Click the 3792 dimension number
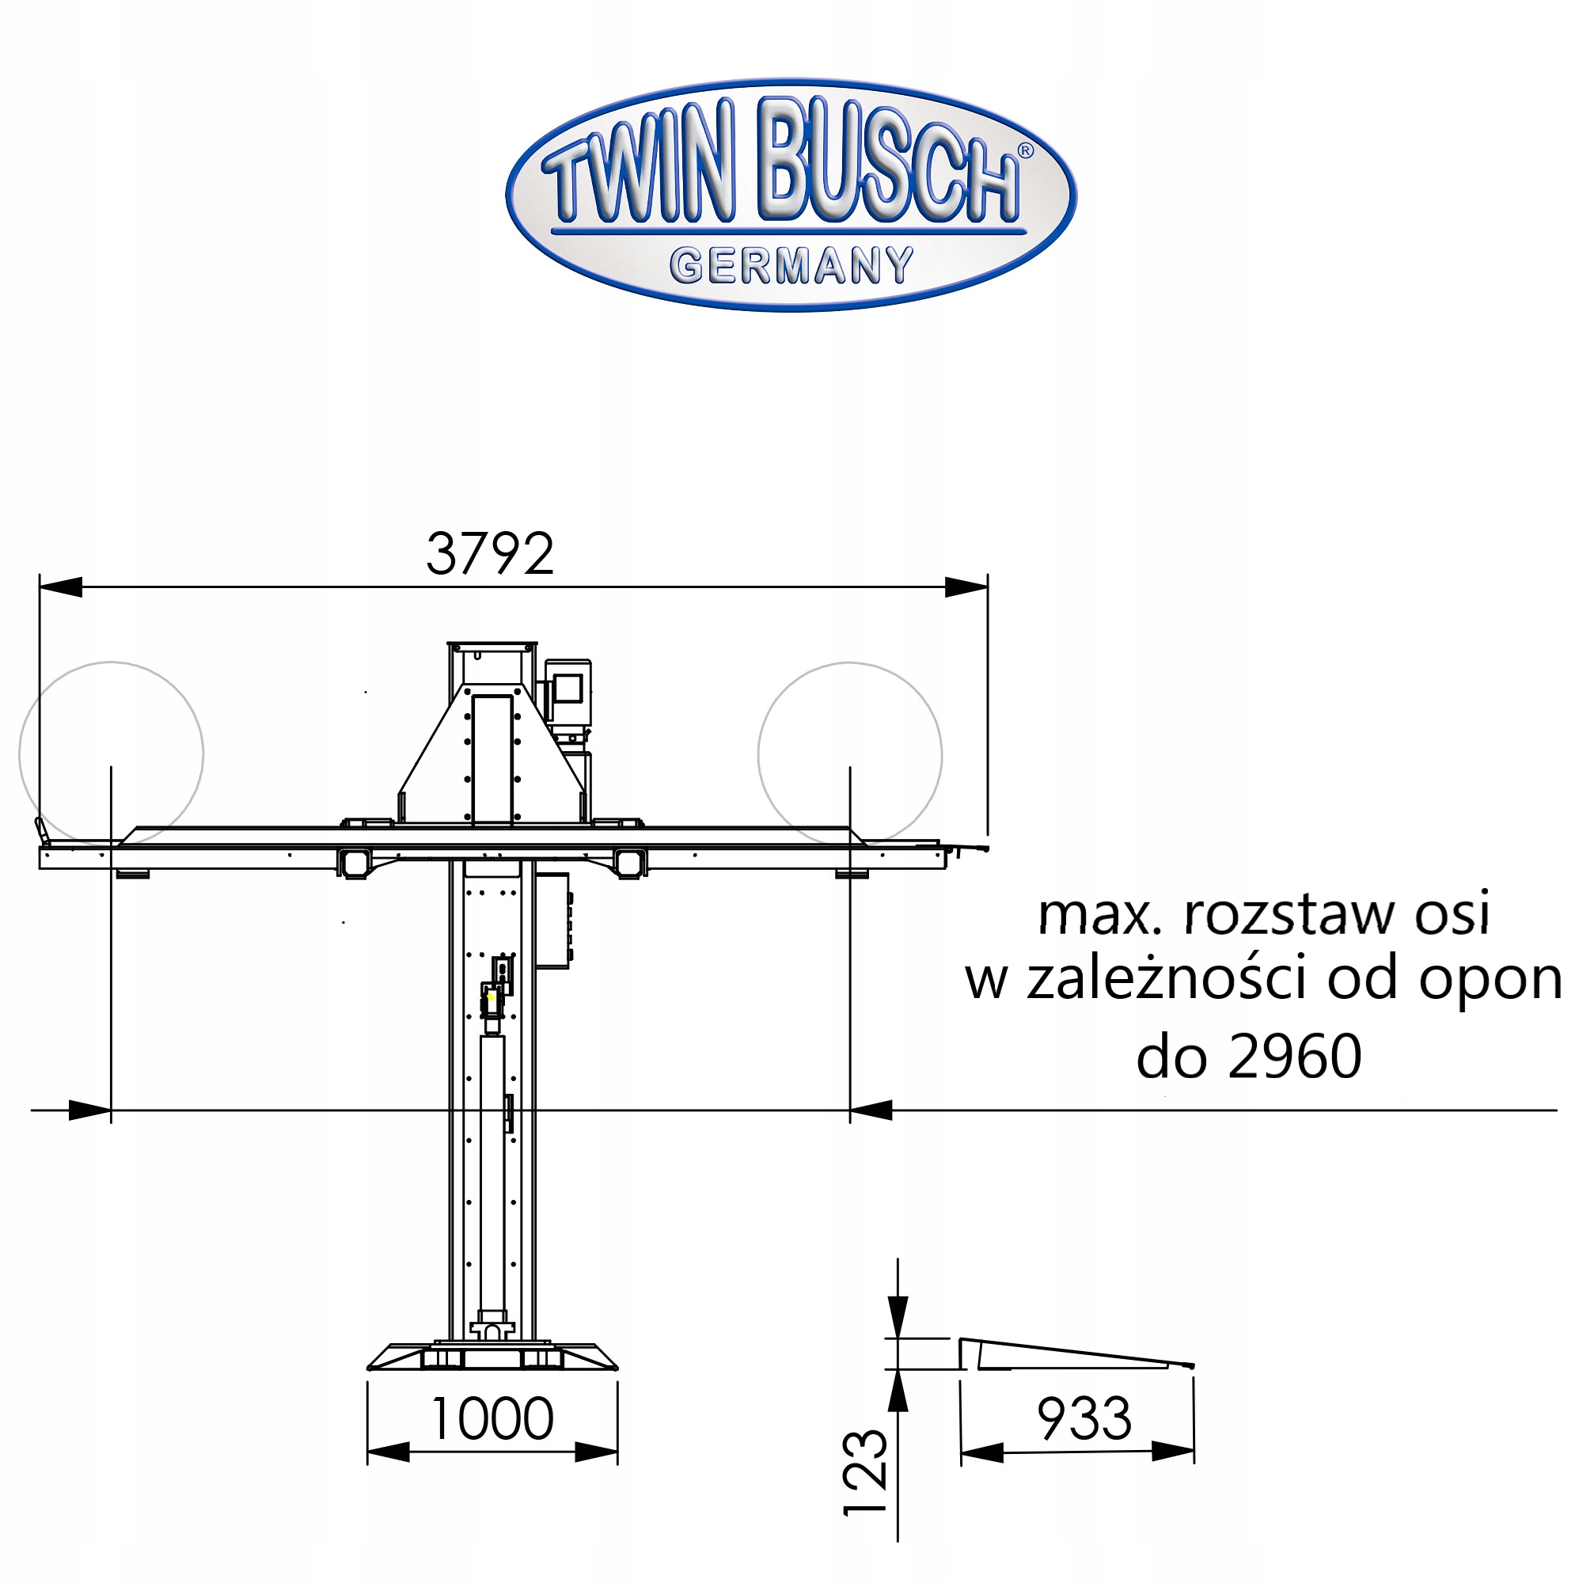pos(490,554)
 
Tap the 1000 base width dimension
pos(492,1418)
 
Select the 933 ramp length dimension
pos(1084,1418)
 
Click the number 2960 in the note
pos(1295,1056)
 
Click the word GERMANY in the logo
pos(791,265)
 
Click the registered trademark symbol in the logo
pos(1024,150)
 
